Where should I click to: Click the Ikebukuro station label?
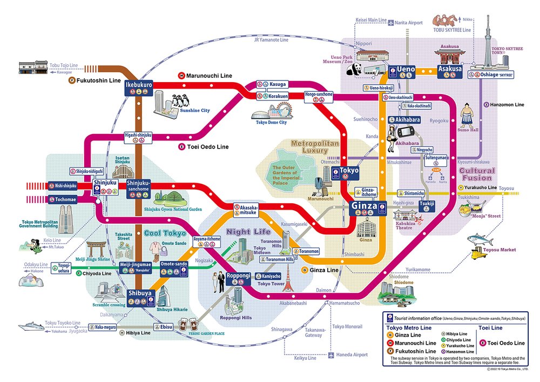tap(139, 85)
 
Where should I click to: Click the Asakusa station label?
tap(449, 69)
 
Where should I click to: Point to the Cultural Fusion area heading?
tap(477, 174)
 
